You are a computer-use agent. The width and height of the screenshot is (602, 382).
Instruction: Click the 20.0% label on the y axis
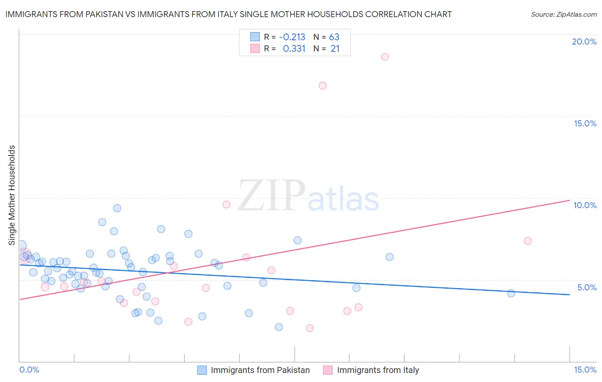click(584, 42)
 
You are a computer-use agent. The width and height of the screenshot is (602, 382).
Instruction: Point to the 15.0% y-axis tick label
click(585, 123)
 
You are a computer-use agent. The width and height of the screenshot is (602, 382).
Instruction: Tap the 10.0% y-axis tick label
click(585, 205)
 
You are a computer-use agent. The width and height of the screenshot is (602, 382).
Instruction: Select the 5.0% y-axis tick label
click(587, 287)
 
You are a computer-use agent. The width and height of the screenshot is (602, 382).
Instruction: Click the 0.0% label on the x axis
click(29, 370)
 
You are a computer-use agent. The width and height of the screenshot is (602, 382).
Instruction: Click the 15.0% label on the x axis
click(585, 370)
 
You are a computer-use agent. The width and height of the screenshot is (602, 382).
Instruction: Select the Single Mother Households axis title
click(12, 195)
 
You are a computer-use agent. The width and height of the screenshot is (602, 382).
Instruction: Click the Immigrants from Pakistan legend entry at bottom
click(259, 370)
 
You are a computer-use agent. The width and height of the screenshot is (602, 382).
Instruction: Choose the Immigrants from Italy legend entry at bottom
click(377, 370)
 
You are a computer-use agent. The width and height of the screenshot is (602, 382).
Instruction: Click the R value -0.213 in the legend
click(292, 37)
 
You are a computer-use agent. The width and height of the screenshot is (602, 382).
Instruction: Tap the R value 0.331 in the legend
click(294, 49)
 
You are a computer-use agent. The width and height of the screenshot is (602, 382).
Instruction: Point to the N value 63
click(334, 37)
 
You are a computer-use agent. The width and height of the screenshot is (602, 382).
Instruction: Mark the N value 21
click(335, 49)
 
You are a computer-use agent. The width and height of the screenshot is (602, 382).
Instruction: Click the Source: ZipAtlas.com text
click(563, 15)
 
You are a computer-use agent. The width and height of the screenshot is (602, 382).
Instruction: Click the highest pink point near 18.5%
click(384, 57)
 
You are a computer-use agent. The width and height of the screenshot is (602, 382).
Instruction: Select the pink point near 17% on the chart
click(323, 86)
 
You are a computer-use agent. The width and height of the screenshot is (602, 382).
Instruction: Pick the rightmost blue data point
click(511, 293)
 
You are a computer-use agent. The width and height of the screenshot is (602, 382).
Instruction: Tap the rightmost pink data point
click(527, 241)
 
